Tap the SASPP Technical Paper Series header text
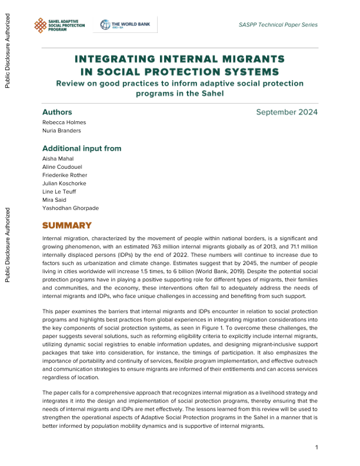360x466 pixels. coord(278,25)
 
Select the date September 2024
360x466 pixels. coord(287,112)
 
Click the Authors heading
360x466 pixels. coord(57,112)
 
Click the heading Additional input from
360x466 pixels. coord(82,148)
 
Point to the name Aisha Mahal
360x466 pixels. coord(56,159)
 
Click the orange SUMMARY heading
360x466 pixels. coord(67,226)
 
